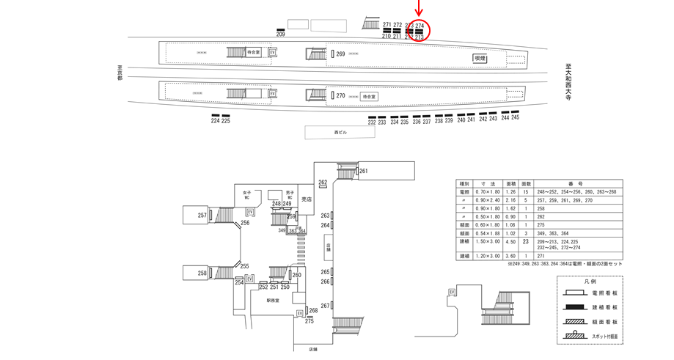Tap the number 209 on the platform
pos(280,34)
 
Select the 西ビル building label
pos(340,132)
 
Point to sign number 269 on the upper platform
pos(340,54)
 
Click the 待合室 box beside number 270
pos(368,96)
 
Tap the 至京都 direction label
pos(120,73)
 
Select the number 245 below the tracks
pos(515,117)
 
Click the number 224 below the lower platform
pos(215,121)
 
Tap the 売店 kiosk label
pos(307,199)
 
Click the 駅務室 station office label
pos(274,300)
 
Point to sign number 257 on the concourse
pos(202,215)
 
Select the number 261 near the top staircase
pos(363,172)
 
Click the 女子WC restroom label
pos(247,195)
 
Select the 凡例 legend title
pos(590,281)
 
